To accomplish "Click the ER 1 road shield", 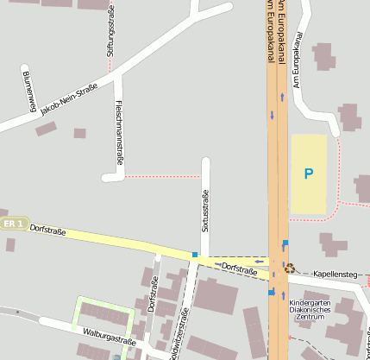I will (13, 224).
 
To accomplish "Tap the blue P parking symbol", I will (309, 174).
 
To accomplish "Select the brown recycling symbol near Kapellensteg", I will (289, 268).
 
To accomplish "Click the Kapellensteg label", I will (335, 274).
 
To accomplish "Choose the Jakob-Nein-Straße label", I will (69, 101).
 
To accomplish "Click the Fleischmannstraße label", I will (120, 134).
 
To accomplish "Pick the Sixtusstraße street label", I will (205, 212).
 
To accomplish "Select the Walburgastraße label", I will (110, 341).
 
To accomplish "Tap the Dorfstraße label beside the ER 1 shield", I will (48, 229).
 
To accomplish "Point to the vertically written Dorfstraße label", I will (153, 294).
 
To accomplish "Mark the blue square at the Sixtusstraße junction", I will (196, 255).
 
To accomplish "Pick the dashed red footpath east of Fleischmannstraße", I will (164, 176).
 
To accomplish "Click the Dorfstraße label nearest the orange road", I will (240, 270).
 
